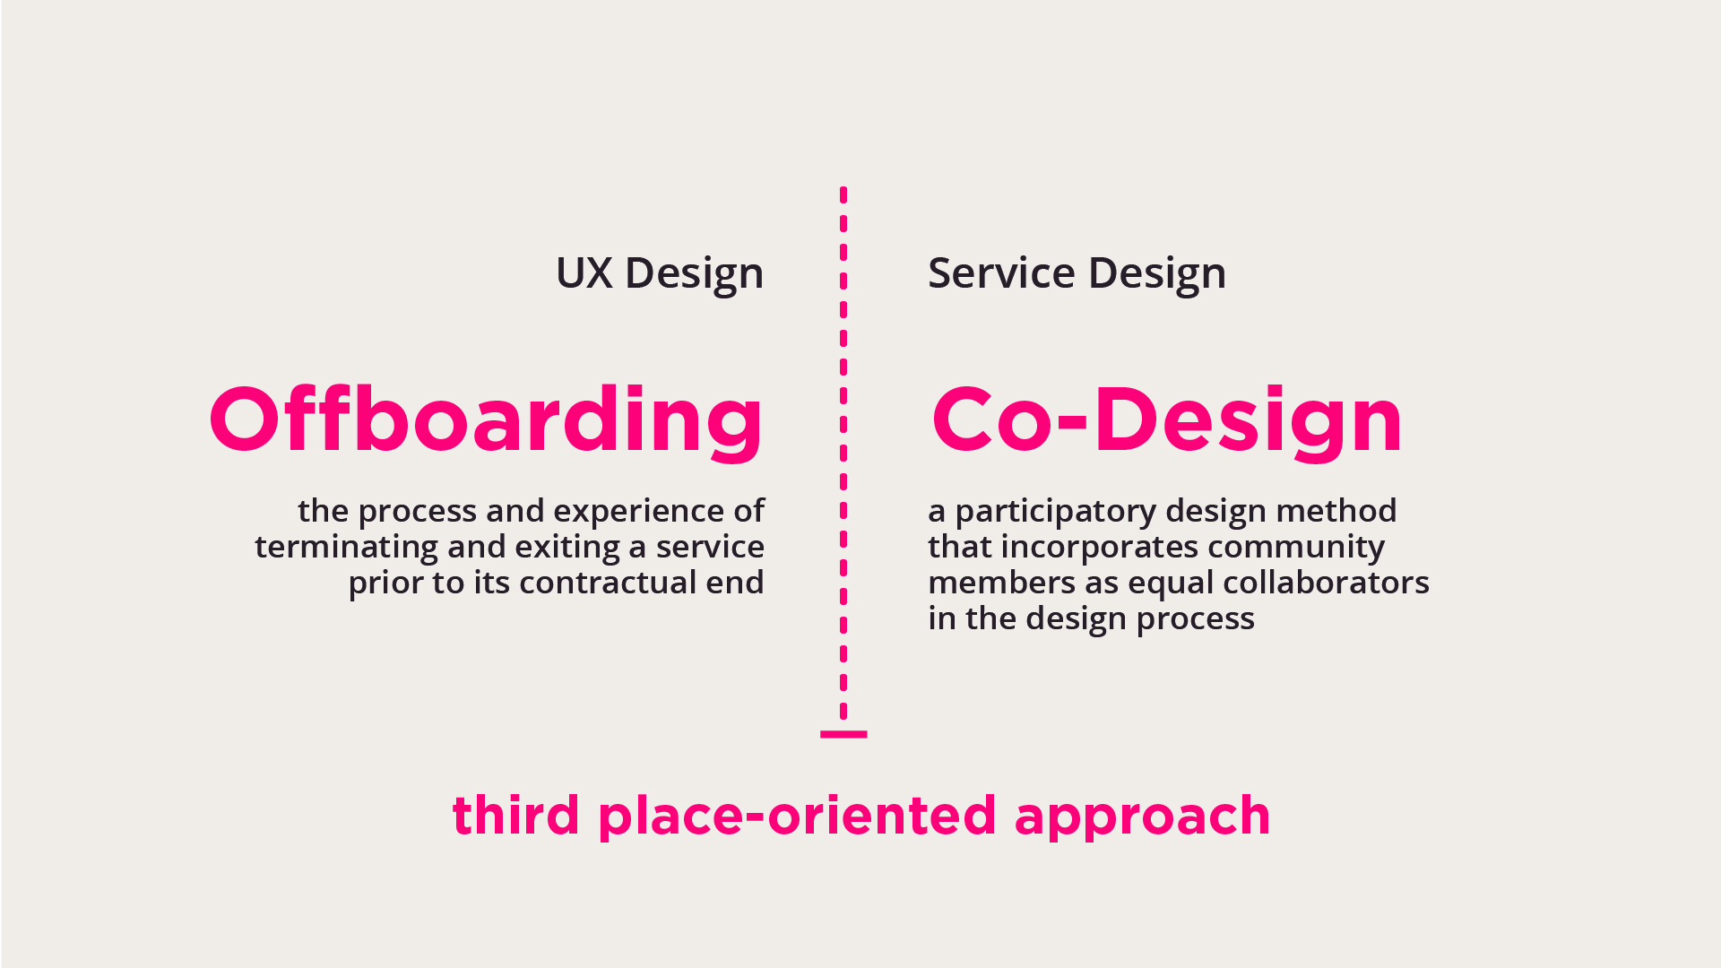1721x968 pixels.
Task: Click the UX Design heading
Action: [x=660, y=274]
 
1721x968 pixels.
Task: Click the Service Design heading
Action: [x=1077, y=274]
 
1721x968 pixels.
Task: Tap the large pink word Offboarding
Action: [x=486, y=419]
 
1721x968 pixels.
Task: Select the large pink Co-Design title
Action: [x=1166, y=419]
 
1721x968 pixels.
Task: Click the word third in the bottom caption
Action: [x=515, y=816]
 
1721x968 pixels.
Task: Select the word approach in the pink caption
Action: [x=1142, y=817]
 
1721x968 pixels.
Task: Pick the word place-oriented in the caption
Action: [x=797, y=817]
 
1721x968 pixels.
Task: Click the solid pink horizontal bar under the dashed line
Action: [x=843, y=734]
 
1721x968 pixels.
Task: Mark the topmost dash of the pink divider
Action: [x=843, y=194]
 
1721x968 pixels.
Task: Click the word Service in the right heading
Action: [x=1001, y=272]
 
